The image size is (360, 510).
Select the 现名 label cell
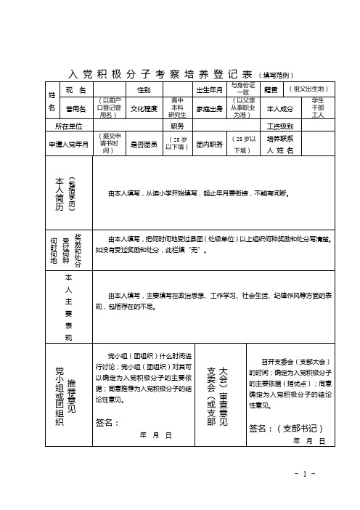tap(76, 89)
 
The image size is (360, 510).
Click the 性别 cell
tap(143, 89)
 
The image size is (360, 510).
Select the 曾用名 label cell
tap(76, 108)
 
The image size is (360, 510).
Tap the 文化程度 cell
tap(144, 108)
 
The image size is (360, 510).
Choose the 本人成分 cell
tap(280, 108)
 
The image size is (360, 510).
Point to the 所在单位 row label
tap(69, 125)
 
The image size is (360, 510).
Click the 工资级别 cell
tap(279, 125)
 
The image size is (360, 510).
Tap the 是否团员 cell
tap(144, 144)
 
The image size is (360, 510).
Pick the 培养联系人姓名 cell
tap(280, 144)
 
